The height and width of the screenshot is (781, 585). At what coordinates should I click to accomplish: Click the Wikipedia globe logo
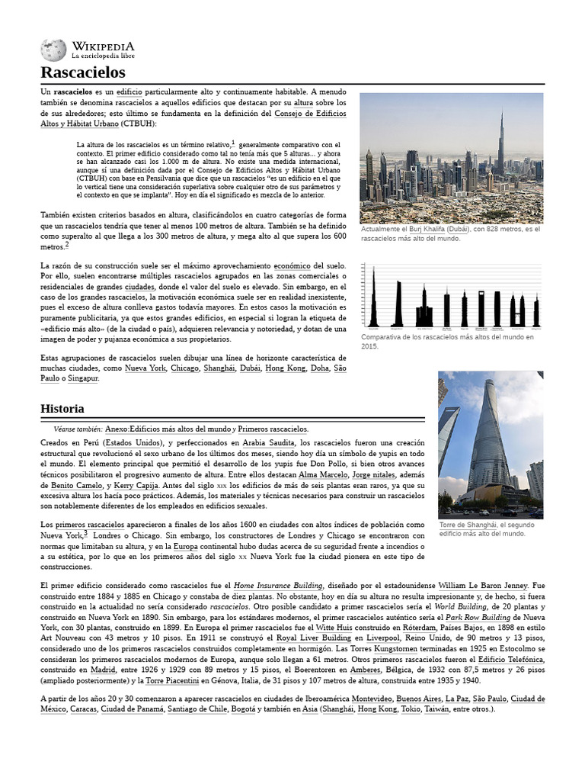53,50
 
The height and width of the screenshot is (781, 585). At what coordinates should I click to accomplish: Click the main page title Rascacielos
83,73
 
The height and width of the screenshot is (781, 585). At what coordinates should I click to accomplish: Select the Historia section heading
62,409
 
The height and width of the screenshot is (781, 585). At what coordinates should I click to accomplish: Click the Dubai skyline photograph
451,158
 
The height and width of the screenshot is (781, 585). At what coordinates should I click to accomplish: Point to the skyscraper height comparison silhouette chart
451,296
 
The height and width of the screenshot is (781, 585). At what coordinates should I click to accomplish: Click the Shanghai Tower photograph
490,444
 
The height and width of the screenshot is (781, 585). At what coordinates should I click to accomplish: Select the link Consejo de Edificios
310,113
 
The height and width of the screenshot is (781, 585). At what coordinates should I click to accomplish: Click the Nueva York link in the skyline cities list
145,368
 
